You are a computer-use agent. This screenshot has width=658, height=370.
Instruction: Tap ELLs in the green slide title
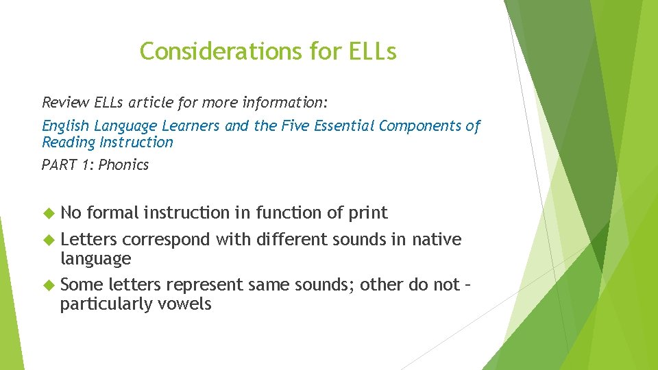click(372, 51)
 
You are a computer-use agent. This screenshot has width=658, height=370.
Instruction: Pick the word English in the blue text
click(66, 126)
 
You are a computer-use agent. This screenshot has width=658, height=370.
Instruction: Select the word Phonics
click(123, 165)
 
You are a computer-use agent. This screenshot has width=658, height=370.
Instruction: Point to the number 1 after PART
click(87, 165)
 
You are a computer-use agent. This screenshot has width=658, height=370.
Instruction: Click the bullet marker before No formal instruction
click(48, 214)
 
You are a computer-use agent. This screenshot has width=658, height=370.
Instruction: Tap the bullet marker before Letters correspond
click(48, 241)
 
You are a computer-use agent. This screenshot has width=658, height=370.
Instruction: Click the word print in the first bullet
click(368, 214)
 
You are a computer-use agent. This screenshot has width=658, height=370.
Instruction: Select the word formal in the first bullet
click(112, 213)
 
